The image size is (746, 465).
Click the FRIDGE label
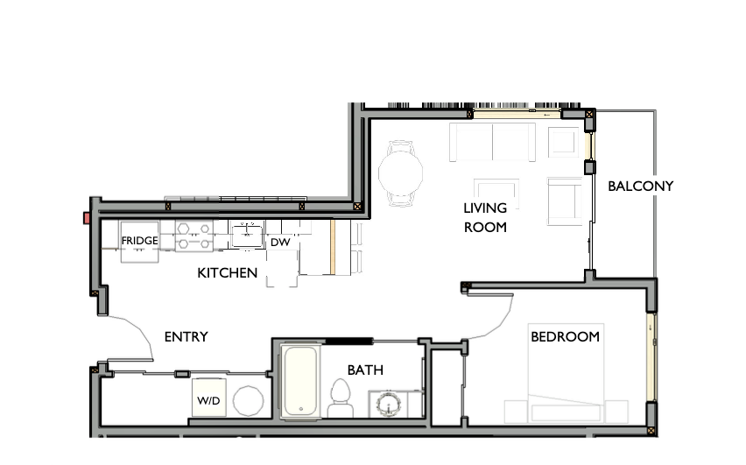(x=139, y=241)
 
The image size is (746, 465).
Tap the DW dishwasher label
(x=279, y=243)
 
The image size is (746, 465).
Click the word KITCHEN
(x=228, y=273)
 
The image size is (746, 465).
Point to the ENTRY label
(x=186, y=337)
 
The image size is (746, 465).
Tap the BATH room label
(x=365, y=370)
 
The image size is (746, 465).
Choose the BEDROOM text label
(x=565, y=336)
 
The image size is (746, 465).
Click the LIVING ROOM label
(x=485, y=217)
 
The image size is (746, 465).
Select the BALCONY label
(x=640, y=186)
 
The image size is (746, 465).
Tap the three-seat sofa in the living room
(x=491, y=142)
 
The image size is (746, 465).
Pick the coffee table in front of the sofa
(x=496, y=191)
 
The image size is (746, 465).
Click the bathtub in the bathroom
(x=300, y=381)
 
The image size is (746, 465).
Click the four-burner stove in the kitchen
(x=193, y=236)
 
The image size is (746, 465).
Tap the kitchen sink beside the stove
(x=248, y=234)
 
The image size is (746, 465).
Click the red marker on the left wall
(x=88, y=217)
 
